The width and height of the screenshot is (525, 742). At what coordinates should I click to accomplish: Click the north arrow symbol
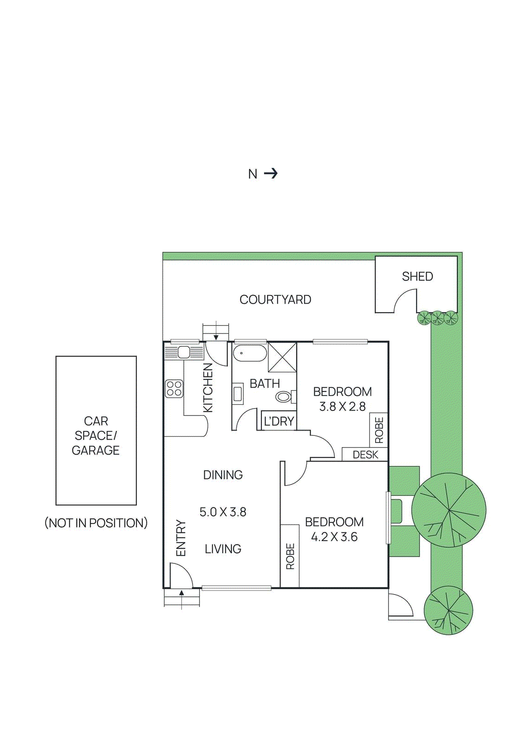271,173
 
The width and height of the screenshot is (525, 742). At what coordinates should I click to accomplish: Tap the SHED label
417,276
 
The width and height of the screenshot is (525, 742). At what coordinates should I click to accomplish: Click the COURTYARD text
275,300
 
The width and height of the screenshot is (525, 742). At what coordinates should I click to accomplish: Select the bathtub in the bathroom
250,353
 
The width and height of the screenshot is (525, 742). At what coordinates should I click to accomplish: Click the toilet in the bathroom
284,397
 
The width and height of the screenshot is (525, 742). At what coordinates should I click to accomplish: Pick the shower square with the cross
282,357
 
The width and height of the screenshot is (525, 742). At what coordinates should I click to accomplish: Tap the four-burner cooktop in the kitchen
174,389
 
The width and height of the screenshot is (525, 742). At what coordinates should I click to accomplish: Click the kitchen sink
184,352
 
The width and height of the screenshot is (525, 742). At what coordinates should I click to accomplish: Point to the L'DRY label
279,421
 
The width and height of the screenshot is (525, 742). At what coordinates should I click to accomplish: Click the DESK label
365,454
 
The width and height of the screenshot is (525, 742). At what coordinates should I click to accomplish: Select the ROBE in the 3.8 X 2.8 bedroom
379,430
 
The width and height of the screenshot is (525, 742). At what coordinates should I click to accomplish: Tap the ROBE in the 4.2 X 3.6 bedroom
290,556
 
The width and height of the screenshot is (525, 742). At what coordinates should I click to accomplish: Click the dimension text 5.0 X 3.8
223,512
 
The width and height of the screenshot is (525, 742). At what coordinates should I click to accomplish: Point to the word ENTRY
181,538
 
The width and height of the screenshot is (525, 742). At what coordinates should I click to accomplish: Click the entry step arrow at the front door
181,593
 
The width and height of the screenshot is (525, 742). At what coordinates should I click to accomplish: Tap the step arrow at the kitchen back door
216,337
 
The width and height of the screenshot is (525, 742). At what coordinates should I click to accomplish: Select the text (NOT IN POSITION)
96,523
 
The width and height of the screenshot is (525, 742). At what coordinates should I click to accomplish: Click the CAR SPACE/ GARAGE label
96,435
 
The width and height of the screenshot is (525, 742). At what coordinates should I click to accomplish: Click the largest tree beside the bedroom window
449,510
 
